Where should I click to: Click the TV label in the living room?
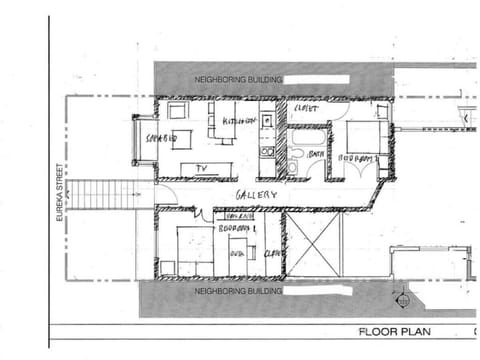click(x=200, y=168)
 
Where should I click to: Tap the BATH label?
click(x=315, y=155)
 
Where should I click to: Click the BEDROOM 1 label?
click(x=240, y=228)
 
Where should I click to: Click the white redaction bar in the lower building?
click(x=320, y=292)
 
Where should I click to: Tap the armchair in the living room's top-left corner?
click(x=177, y=110)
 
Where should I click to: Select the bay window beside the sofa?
click(x=140, y=141)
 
